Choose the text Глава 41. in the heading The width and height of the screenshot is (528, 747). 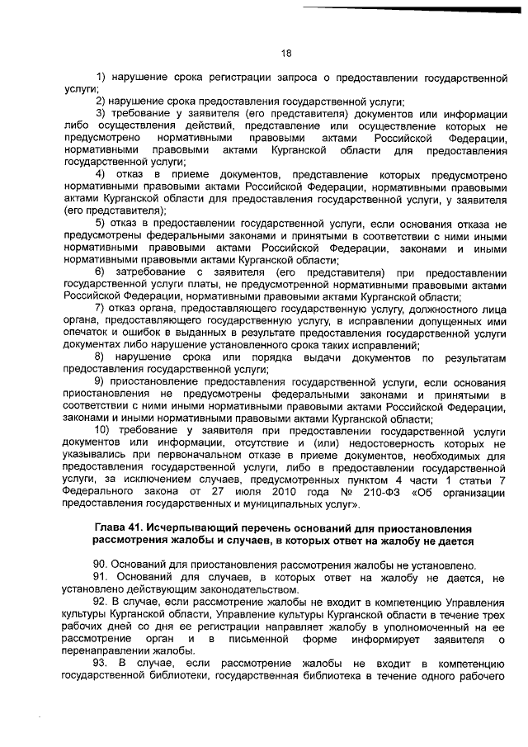point(121,528)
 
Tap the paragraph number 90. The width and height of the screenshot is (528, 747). point(102,565)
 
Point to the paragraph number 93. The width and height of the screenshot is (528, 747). point(102,664)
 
